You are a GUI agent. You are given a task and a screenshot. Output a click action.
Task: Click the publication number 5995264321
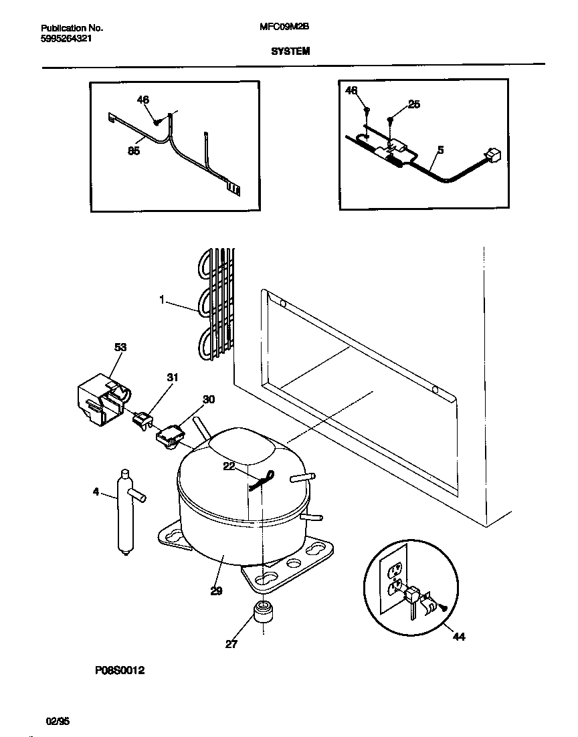coord(66,39)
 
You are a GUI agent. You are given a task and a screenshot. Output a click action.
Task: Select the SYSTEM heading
coord(290,50)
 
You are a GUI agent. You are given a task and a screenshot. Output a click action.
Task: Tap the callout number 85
coord(134,151)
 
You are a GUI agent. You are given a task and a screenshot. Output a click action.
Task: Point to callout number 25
coord(413,104)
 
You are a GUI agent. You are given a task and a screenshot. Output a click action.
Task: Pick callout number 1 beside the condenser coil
coord(162,300)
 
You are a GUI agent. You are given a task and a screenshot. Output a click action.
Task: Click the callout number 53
coord(120,347)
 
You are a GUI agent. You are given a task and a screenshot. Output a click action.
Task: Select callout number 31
coord(173,378)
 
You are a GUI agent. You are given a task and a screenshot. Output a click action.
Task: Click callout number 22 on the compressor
coord(229,467)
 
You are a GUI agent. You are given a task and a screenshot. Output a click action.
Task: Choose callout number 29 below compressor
coord(215,591)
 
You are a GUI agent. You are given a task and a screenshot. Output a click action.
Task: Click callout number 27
coord(231,645)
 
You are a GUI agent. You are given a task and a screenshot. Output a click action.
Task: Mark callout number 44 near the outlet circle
coord(458,637)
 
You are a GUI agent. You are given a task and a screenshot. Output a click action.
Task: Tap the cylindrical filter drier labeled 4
coord(124,512)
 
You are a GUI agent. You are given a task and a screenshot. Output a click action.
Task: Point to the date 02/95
coord(58,721)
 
